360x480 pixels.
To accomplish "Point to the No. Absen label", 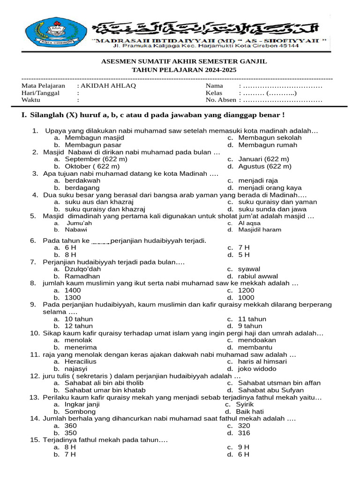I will point(221,100).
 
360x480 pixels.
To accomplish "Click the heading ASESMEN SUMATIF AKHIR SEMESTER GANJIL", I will point(184,61).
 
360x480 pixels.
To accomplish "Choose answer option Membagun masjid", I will point(94,138).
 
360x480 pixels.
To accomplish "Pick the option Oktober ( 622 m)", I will point(92,166).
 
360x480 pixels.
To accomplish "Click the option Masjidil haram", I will point(260,230).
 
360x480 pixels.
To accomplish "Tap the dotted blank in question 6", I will point(101,241).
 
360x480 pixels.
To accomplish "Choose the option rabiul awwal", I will point(258,277).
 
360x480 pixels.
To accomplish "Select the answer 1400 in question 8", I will point(73,291).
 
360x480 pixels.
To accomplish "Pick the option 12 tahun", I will point(79,326).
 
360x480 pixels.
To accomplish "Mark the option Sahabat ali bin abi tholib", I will point(104,383).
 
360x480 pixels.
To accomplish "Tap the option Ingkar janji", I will point(82,404).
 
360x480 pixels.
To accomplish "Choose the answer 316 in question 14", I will point(244,433).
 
